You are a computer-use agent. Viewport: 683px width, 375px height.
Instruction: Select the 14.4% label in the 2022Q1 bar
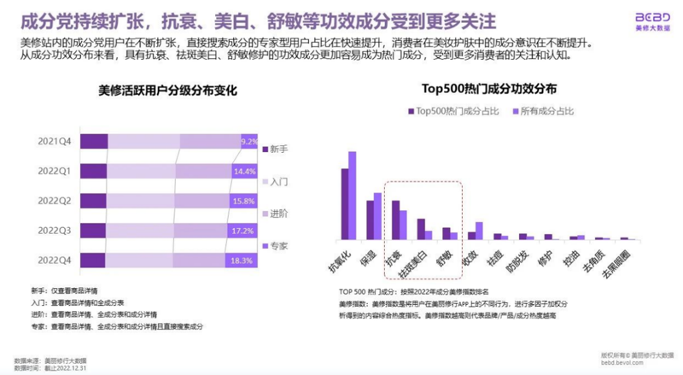(245, 172)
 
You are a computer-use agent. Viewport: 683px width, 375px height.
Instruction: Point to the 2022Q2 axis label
(54, 201)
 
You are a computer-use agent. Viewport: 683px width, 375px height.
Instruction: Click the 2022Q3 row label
(54, 231)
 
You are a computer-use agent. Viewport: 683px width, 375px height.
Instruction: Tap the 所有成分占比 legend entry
(543, 111)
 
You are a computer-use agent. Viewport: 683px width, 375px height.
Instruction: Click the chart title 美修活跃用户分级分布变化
(167, 91)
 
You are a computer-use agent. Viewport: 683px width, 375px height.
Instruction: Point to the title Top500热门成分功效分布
(489, 88)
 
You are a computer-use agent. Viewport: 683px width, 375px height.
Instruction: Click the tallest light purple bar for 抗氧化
(352, 195)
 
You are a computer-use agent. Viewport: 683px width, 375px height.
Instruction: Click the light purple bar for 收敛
(479, 230)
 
